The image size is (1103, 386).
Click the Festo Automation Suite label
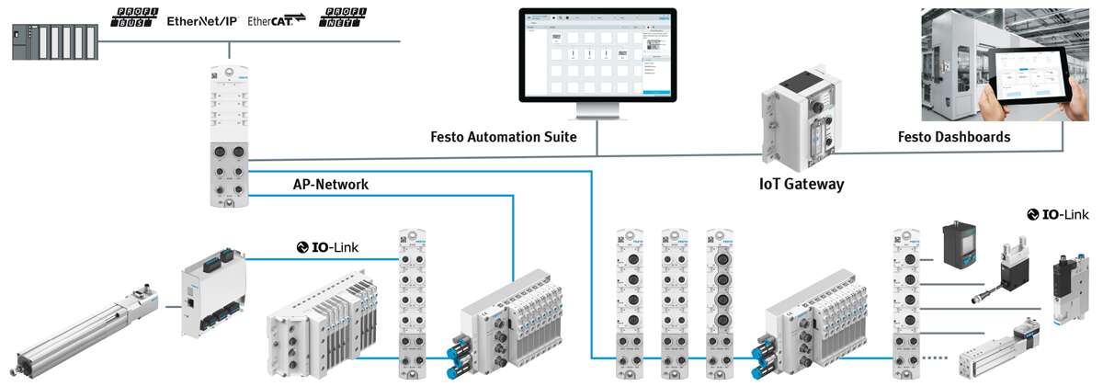point(504,138)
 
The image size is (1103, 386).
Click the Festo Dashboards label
point(954,138)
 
